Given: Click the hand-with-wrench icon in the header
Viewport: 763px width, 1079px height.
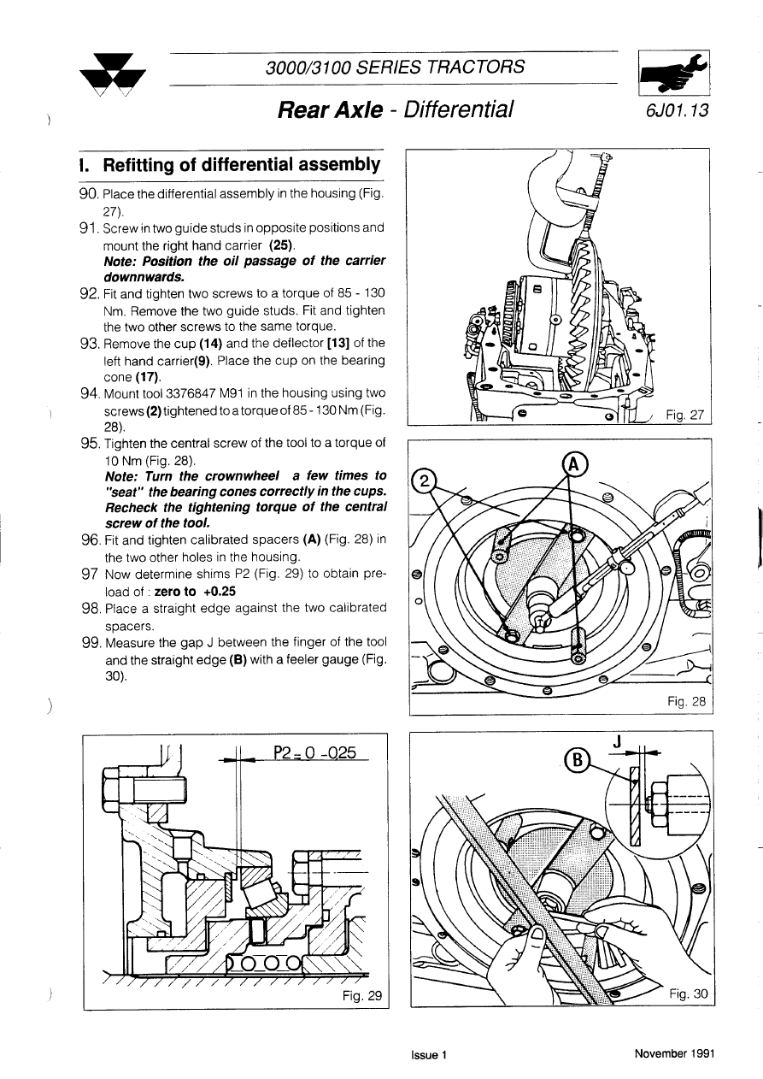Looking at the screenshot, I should click(675, 74).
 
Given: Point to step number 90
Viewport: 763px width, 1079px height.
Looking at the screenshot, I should click(89, 195).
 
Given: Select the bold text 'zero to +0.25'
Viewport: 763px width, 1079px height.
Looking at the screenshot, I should click(195, 591).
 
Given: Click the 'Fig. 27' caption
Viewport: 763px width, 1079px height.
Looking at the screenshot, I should click(686, 416).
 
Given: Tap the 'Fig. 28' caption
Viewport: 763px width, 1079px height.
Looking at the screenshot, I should click(687, 701).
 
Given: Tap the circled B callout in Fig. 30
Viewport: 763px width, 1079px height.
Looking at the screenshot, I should click(578, 759).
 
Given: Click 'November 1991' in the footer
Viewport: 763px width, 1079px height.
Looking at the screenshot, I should click(673, 1053).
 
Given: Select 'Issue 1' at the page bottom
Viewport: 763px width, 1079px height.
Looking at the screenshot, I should click(429, 1054).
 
